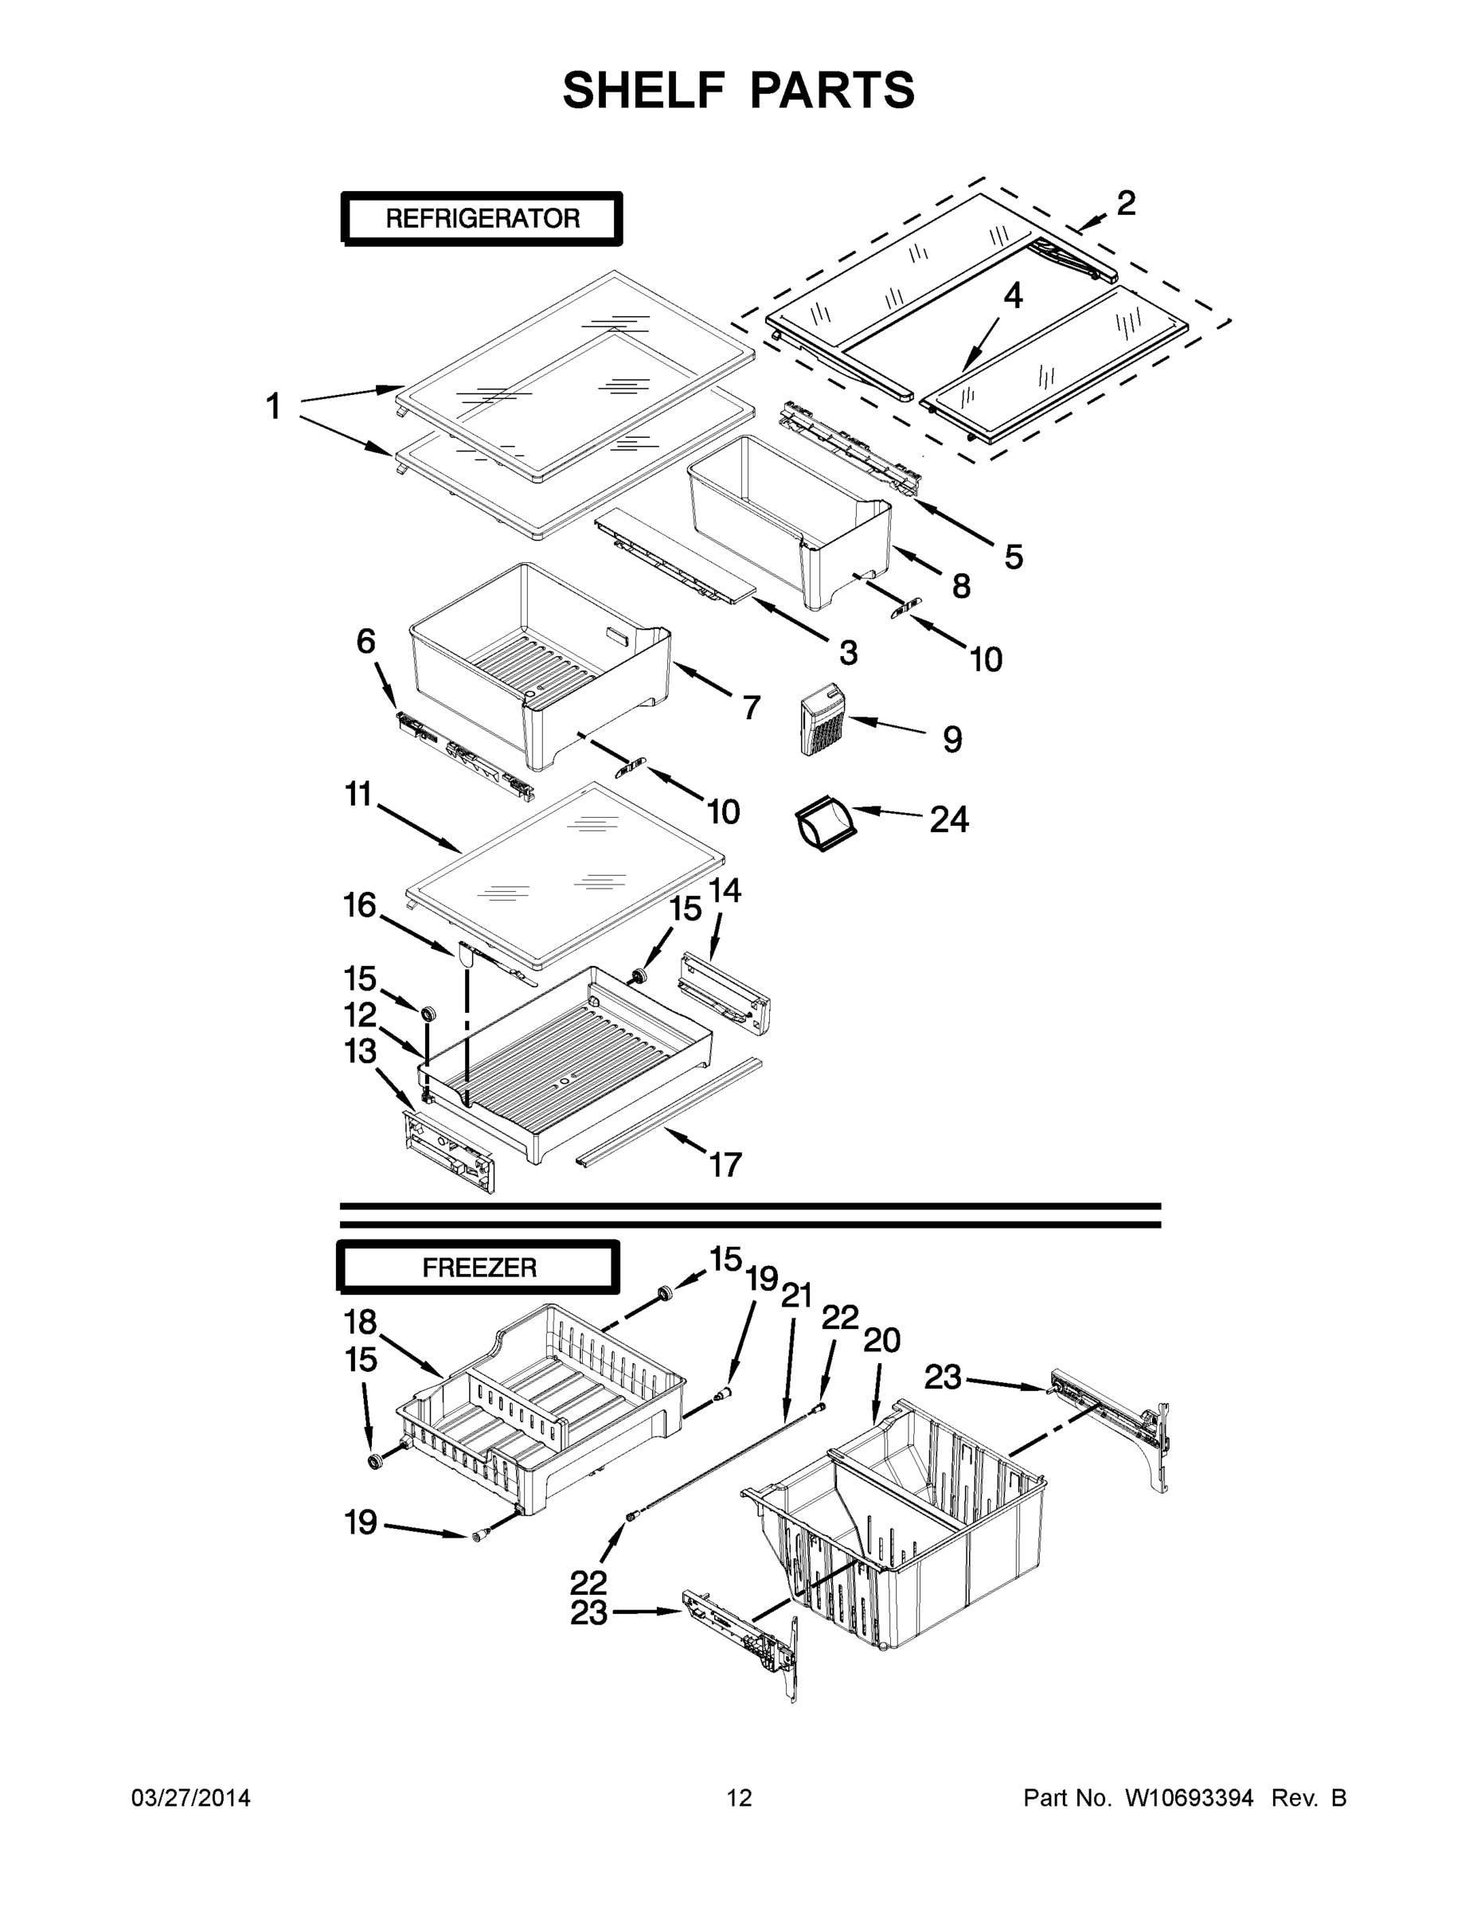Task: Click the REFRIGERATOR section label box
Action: pos(483,218)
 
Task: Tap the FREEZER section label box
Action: pos(479,1267)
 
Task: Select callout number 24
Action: pos(948,820)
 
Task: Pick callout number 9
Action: pos(952,740)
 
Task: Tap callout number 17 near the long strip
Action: pos(725,1165)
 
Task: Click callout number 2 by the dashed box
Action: pos(1126,203)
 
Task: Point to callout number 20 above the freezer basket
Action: pos(881,1339)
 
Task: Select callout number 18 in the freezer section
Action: pos(360,1321)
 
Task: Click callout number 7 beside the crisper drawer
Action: pos(751,706)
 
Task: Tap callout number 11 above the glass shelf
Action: pos(359,795)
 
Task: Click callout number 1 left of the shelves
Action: pos(274,407)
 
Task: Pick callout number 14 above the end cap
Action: pos(725,891)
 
